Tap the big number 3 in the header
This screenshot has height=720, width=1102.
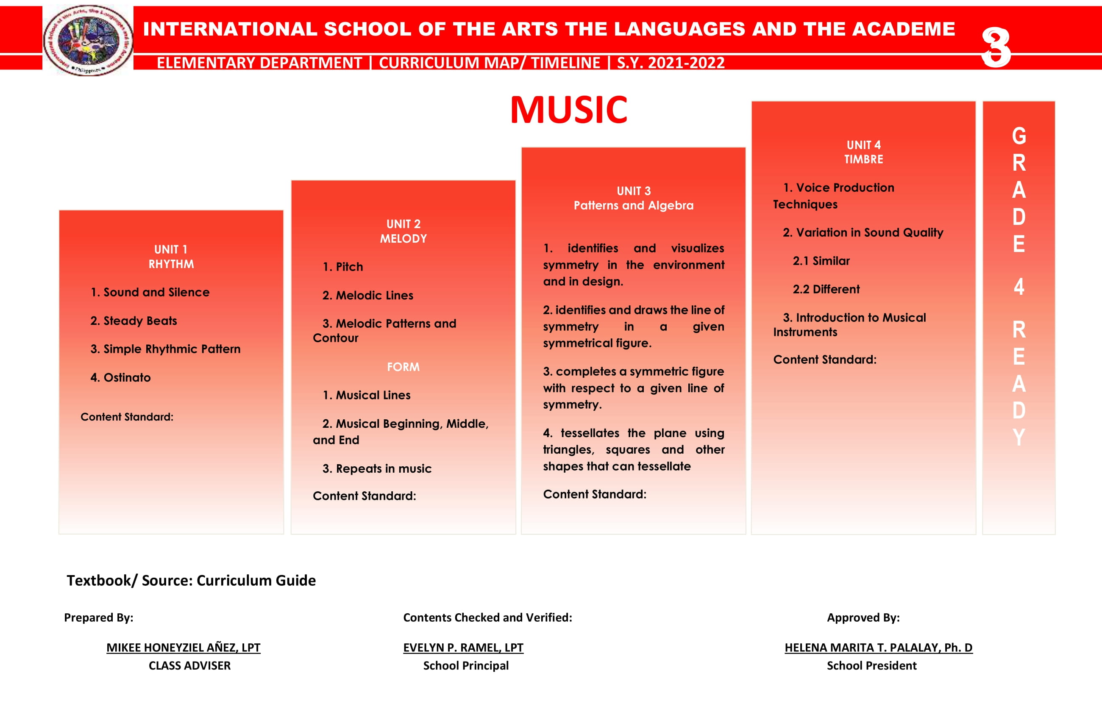(995, 46)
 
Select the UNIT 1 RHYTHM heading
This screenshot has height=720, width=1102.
(171, 257)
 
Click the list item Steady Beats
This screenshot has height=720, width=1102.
(134, 321)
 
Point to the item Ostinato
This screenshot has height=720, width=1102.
(120, 378)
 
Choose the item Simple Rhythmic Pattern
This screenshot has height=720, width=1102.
(165, 349)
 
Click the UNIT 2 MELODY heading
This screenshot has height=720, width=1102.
(404, 231)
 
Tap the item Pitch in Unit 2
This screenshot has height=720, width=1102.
(342, 267)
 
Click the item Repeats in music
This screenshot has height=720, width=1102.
(377, 469)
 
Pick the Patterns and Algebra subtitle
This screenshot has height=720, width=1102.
(633, 205)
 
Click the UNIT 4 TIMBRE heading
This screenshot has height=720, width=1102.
(863, 152)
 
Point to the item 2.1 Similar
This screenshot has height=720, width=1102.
(821, 261)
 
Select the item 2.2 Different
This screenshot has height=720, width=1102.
(826, 289)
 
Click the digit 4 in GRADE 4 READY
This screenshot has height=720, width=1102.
(1019, 287)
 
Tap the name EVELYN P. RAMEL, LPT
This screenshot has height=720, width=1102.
(463, 647)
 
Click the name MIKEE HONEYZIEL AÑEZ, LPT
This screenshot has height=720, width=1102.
(184, 647)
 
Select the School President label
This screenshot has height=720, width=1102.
(871, 665)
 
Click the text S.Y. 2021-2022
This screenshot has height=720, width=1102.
(671, 62)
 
